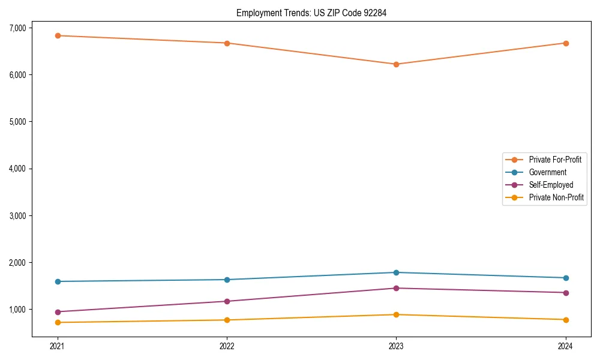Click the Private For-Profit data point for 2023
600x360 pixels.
[396, 64]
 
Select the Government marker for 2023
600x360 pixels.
[396, 272]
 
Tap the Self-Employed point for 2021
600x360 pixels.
[58, 312]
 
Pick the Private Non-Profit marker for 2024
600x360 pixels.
[565, 320]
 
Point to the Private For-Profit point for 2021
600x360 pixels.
[58, 35]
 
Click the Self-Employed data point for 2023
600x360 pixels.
[396, 288]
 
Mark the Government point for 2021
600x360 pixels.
[58, 281]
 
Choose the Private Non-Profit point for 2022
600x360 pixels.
[227, 320]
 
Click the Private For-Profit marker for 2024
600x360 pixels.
[565, 43]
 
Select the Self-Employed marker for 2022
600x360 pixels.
[227, 301]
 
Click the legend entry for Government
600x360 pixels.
[547, 172]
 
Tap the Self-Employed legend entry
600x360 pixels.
[551, 185]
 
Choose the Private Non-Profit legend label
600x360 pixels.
[556, 197]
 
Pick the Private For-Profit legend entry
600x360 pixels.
[555, 160]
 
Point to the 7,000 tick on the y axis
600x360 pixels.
[18, 28]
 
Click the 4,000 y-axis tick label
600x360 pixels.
[18, 169]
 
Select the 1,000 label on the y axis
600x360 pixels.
[18, 310]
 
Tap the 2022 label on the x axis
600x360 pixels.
[227, 346]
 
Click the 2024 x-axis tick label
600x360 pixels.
[565, 346]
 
